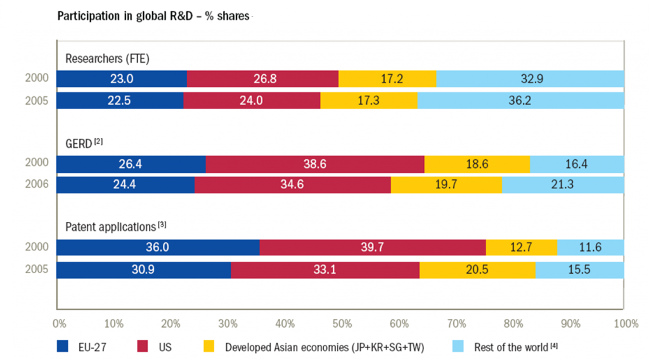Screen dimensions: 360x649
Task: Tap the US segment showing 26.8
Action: pyautogui.click(x=263, y=79)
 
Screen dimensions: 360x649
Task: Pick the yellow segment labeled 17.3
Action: pyautogui.click(x=369, y=101)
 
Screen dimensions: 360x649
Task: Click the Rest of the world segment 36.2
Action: pyautogui.click(x=520, y=101)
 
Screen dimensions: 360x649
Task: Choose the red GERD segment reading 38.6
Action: pyautogui.click(x=315, y=164)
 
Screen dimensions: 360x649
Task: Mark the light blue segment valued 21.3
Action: pyautogui.click(x=563, y=185)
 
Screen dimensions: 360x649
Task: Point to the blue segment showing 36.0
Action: pyautogui.click(x=158, y=248)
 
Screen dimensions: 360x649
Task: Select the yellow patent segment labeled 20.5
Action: pyautogui.click(x=477, y=269)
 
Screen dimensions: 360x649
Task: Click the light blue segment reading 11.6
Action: pyautogui.click(x=591, y=248)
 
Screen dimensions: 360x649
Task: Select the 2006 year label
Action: pyautogui.click(x=36, y=185)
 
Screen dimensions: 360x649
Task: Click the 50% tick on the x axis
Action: pyautogui.click(x=342, y=324)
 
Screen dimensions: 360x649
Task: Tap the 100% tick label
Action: pyautogui.click(x=626, y=324)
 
